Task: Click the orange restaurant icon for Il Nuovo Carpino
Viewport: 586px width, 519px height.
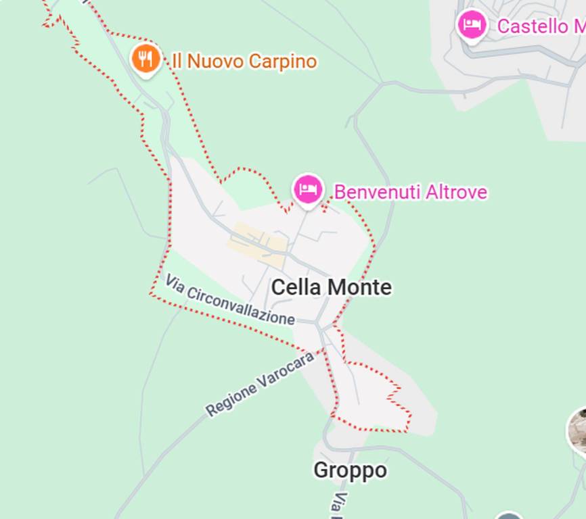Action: tap(145, 59)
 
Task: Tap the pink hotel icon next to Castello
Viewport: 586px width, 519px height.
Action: tap(472, 25)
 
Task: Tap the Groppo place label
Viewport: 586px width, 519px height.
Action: tap(350, 470)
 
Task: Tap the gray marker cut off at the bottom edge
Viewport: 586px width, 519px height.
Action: tap(509, 516)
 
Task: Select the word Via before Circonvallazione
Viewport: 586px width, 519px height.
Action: tap(175, 283)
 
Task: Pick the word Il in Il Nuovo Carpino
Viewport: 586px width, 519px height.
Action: tap(177, 61)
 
